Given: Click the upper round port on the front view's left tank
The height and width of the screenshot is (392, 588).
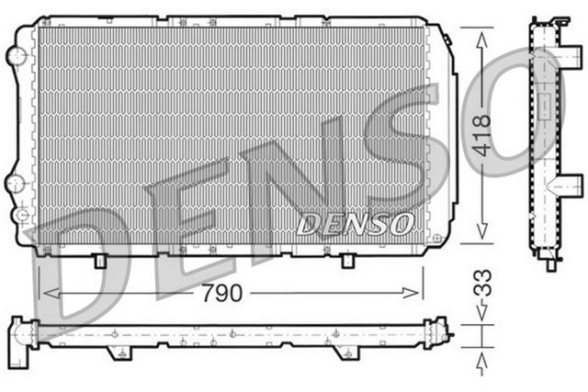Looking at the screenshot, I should click(x=15, y=56).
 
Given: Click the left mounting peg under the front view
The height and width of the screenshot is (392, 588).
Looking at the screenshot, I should click(x=98, y=261).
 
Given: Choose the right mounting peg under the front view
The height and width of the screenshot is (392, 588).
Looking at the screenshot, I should click(x=346, y=261).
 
